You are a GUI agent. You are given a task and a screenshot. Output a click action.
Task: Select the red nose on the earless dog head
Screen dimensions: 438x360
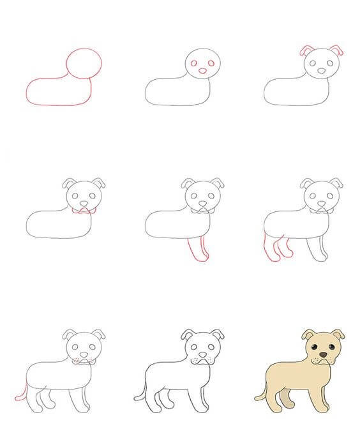202,71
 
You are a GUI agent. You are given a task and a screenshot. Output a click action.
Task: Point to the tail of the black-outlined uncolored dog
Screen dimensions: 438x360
141,393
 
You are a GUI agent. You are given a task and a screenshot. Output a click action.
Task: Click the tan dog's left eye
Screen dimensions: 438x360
314,346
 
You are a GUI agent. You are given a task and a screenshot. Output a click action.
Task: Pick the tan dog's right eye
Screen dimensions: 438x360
331,346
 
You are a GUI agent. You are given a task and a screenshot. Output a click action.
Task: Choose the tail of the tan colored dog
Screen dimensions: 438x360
260,393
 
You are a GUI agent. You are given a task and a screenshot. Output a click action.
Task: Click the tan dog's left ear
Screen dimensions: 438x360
308,334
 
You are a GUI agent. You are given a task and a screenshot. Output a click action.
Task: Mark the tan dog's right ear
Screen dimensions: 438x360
338,334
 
